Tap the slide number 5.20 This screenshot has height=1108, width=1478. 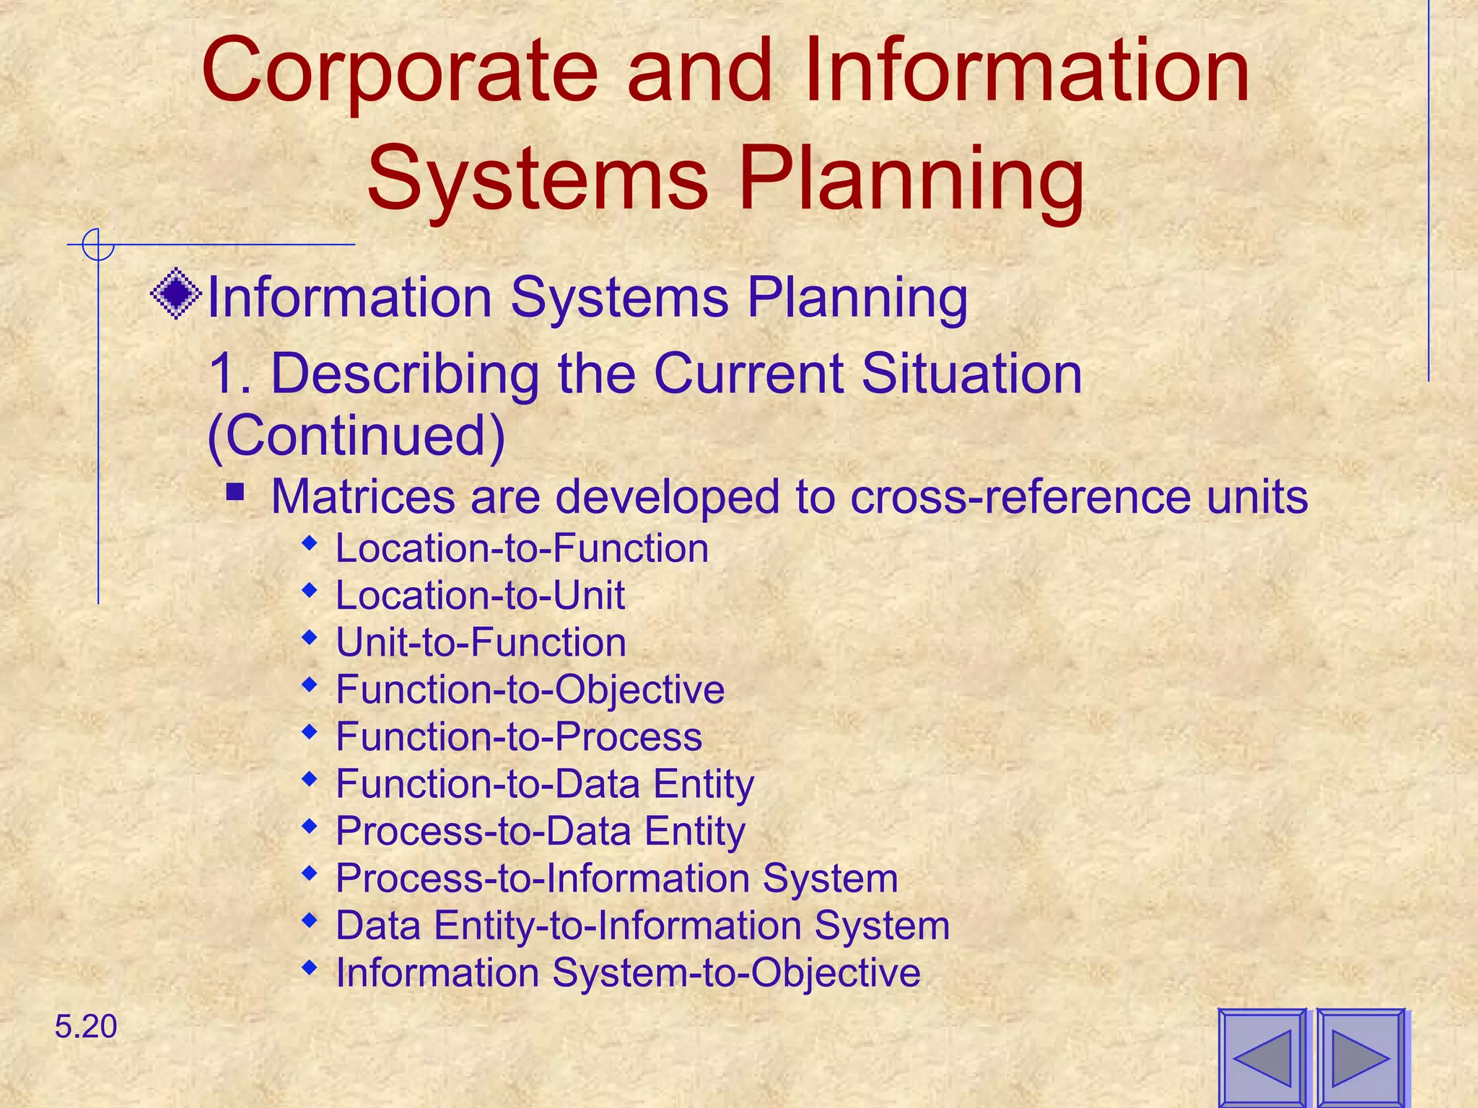[x=85, y=1026]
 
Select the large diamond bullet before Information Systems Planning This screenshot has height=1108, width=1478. [x=176, y=294]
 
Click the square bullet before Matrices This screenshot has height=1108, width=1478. [x=235, y=493]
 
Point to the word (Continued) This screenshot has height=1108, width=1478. [x=356, y=435]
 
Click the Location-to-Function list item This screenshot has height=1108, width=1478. [x=522, y=548]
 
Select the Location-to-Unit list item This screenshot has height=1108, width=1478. [x=480, y=596]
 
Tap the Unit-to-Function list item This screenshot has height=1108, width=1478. [x=481, y=643]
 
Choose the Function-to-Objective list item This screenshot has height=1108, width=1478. [x=530, y=690]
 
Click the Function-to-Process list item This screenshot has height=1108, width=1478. [x=519, y=737]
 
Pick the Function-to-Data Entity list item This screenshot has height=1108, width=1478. [x=545, y=784]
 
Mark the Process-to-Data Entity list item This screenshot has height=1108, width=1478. [x=540, y=831]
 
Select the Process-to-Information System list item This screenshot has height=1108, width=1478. [x=616, y=879]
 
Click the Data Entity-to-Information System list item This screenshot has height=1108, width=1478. [x=642, y=925]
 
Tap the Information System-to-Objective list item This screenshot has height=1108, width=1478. [x=628, y=972]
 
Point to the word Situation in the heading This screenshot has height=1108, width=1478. [x=971, y=374]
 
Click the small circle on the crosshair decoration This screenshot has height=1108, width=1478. [x=97, y=245]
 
